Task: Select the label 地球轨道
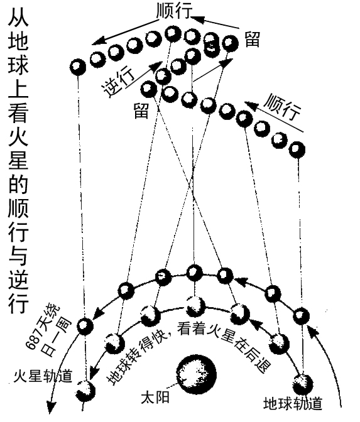pyautogui.click(x=293, y=403)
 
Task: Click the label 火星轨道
pyautogui.click(x=43, y=376)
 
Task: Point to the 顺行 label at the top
pyautogui.click(x=174, y=11)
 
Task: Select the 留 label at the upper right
pyautogui.click(x=253, y=40)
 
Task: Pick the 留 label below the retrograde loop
pyautogui.click(x=141, y=111)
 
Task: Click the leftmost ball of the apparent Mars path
pyautogui.click(x=78, y=67)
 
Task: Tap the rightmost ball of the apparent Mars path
pyautogui.click(x=297, y=149)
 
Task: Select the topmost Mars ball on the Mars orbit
pyautogui.click(x=194, y=273)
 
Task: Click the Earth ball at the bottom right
pyautogui.click(x=303, y=384)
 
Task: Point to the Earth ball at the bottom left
pyautogui.click(x=85, y=391)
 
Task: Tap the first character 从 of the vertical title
pyautogui.click(x=18, y=17)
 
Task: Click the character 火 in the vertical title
pyautogui.click(x=18, y=137)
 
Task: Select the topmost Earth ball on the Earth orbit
pyautogui.click(x=195, y=306)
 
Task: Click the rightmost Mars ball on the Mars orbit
pyautogui.click(x=301, y=316)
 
